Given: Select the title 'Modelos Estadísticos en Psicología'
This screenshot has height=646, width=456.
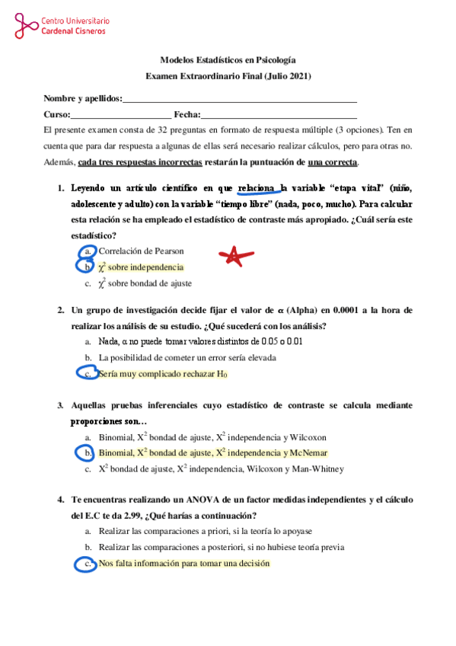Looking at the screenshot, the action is click(x=228, y=59).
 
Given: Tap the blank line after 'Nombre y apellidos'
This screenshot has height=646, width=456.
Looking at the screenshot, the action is click(x=240, y=100).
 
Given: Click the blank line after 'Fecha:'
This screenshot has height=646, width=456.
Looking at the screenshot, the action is click(x=279, y=115).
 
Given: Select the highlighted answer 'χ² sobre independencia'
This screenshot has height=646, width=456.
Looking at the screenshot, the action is click(x=141, y=267).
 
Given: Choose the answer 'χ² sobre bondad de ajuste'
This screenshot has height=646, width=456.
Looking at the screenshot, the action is click(x=145, y=283).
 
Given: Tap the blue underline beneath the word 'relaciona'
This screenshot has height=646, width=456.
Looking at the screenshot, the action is click(x=259, y=195).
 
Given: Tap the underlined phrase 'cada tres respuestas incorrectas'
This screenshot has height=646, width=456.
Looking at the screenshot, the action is click(x=140, y=162).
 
